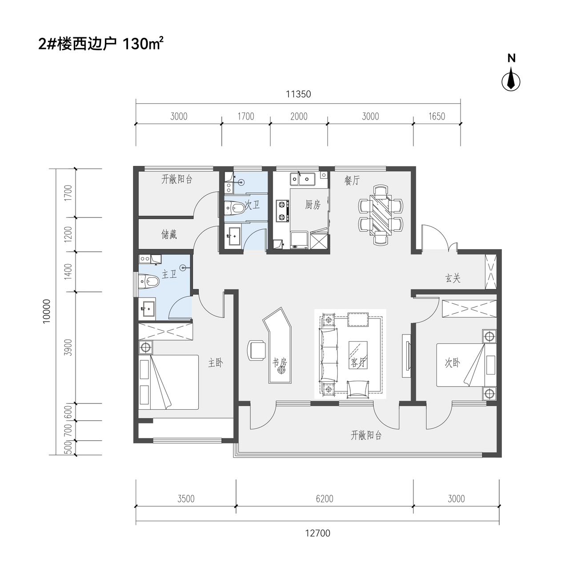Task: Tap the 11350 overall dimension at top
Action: (x=298, y=94)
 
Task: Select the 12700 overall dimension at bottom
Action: (x=317, y=533)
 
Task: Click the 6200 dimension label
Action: (x=325, y=499)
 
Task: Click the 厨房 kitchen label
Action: (x=313, y=205)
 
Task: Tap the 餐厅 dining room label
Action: (x=352, y=180)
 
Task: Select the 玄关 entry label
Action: (x=453, y=278)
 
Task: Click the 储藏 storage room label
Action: (x=169, y=234)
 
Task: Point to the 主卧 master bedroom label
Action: (x=216, y=363)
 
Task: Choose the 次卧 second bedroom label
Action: (x=452, y=363)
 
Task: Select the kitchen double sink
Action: (x=302, y=179)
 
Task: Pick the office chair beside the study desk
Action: (x=256, y=350)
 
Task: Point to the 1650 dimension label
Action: (x=436, y=116)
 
